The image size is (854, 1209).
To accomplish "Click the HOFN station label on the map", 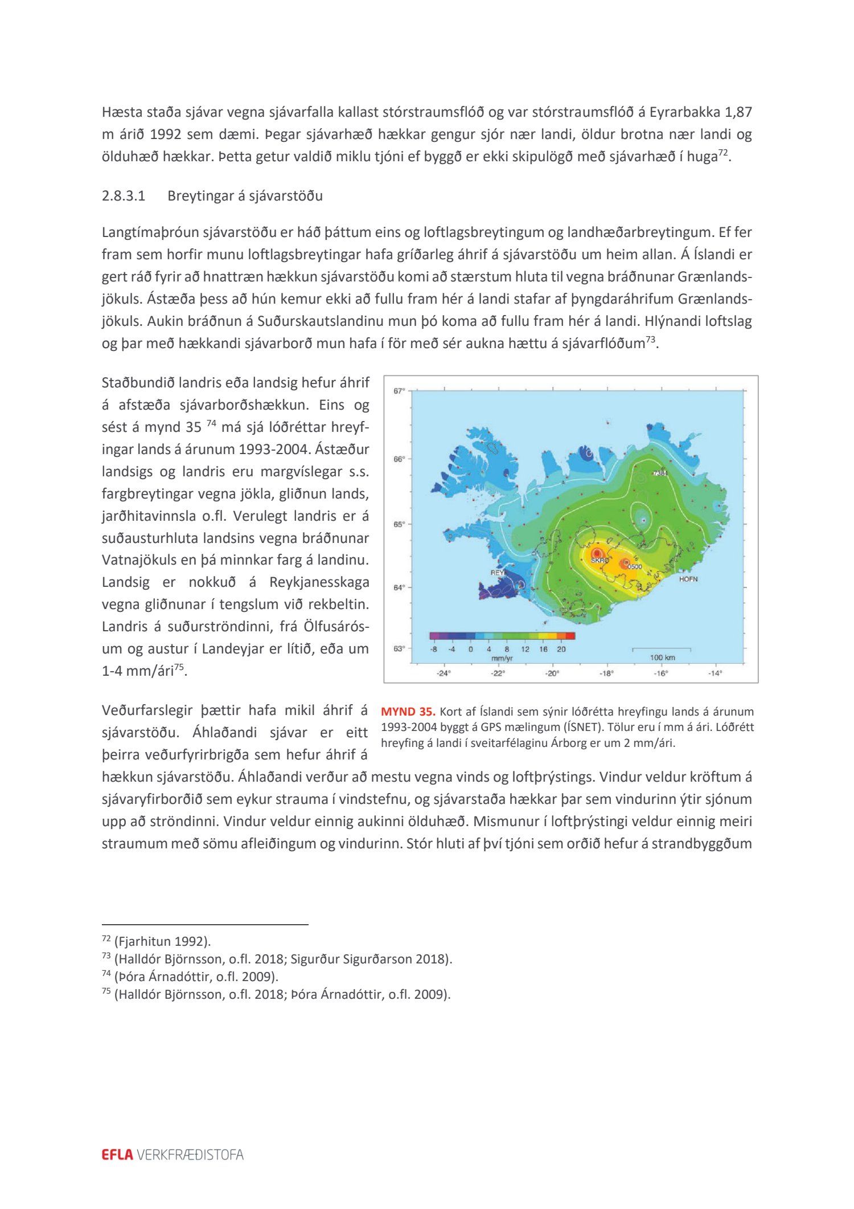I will [688, 579].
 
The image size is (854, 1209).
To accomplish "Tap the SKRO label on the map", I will [600, 561].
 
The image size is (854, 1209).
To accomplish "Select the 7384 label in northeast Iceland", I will [660, 473].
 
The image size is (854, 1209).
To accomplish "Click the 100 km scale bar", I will [662, 649].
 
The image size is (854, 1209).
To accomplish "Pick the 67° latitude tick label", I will [399, 391].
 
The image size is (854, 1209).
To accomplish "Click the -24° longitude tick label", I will [444, 673].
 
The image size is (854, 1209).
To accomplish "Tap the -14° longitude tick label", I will [715, 673].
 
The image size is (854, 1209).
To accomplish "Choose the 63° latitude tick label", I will [399, 648].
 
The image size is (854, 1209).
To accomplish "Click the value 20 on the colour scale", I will [561, 649].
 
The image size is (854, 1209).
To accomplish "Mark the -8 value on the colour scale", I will [434, 649].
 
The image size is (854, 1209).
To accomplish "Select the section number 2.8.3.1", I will [124, 196].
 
